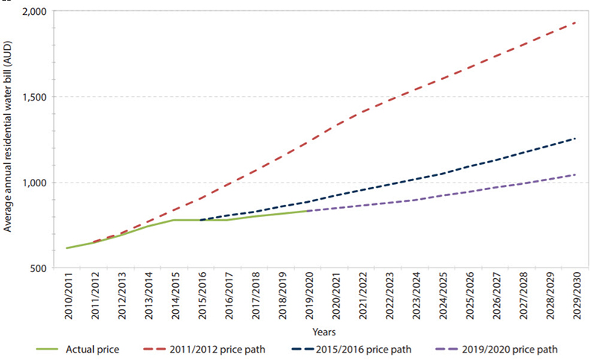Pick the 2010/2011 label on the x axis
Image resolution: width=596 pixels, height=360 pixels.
click(67, 298)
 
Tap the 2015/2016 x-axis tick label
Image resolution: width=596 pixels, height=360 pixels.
click(201, 298)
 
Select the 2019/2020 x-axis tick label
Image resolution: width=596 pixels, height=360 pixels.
click(308, 298)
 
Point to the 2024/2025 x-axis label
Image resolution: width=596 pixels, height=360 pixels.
click(442, 298)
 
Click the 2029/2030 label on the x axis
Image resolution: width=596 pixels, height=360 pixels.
click(576, 298)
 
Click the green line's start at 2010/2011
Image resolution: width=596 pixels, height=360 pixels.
click(67, 248)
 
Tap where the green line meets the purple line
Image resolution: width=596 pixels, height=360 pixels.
click(308, 211)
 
